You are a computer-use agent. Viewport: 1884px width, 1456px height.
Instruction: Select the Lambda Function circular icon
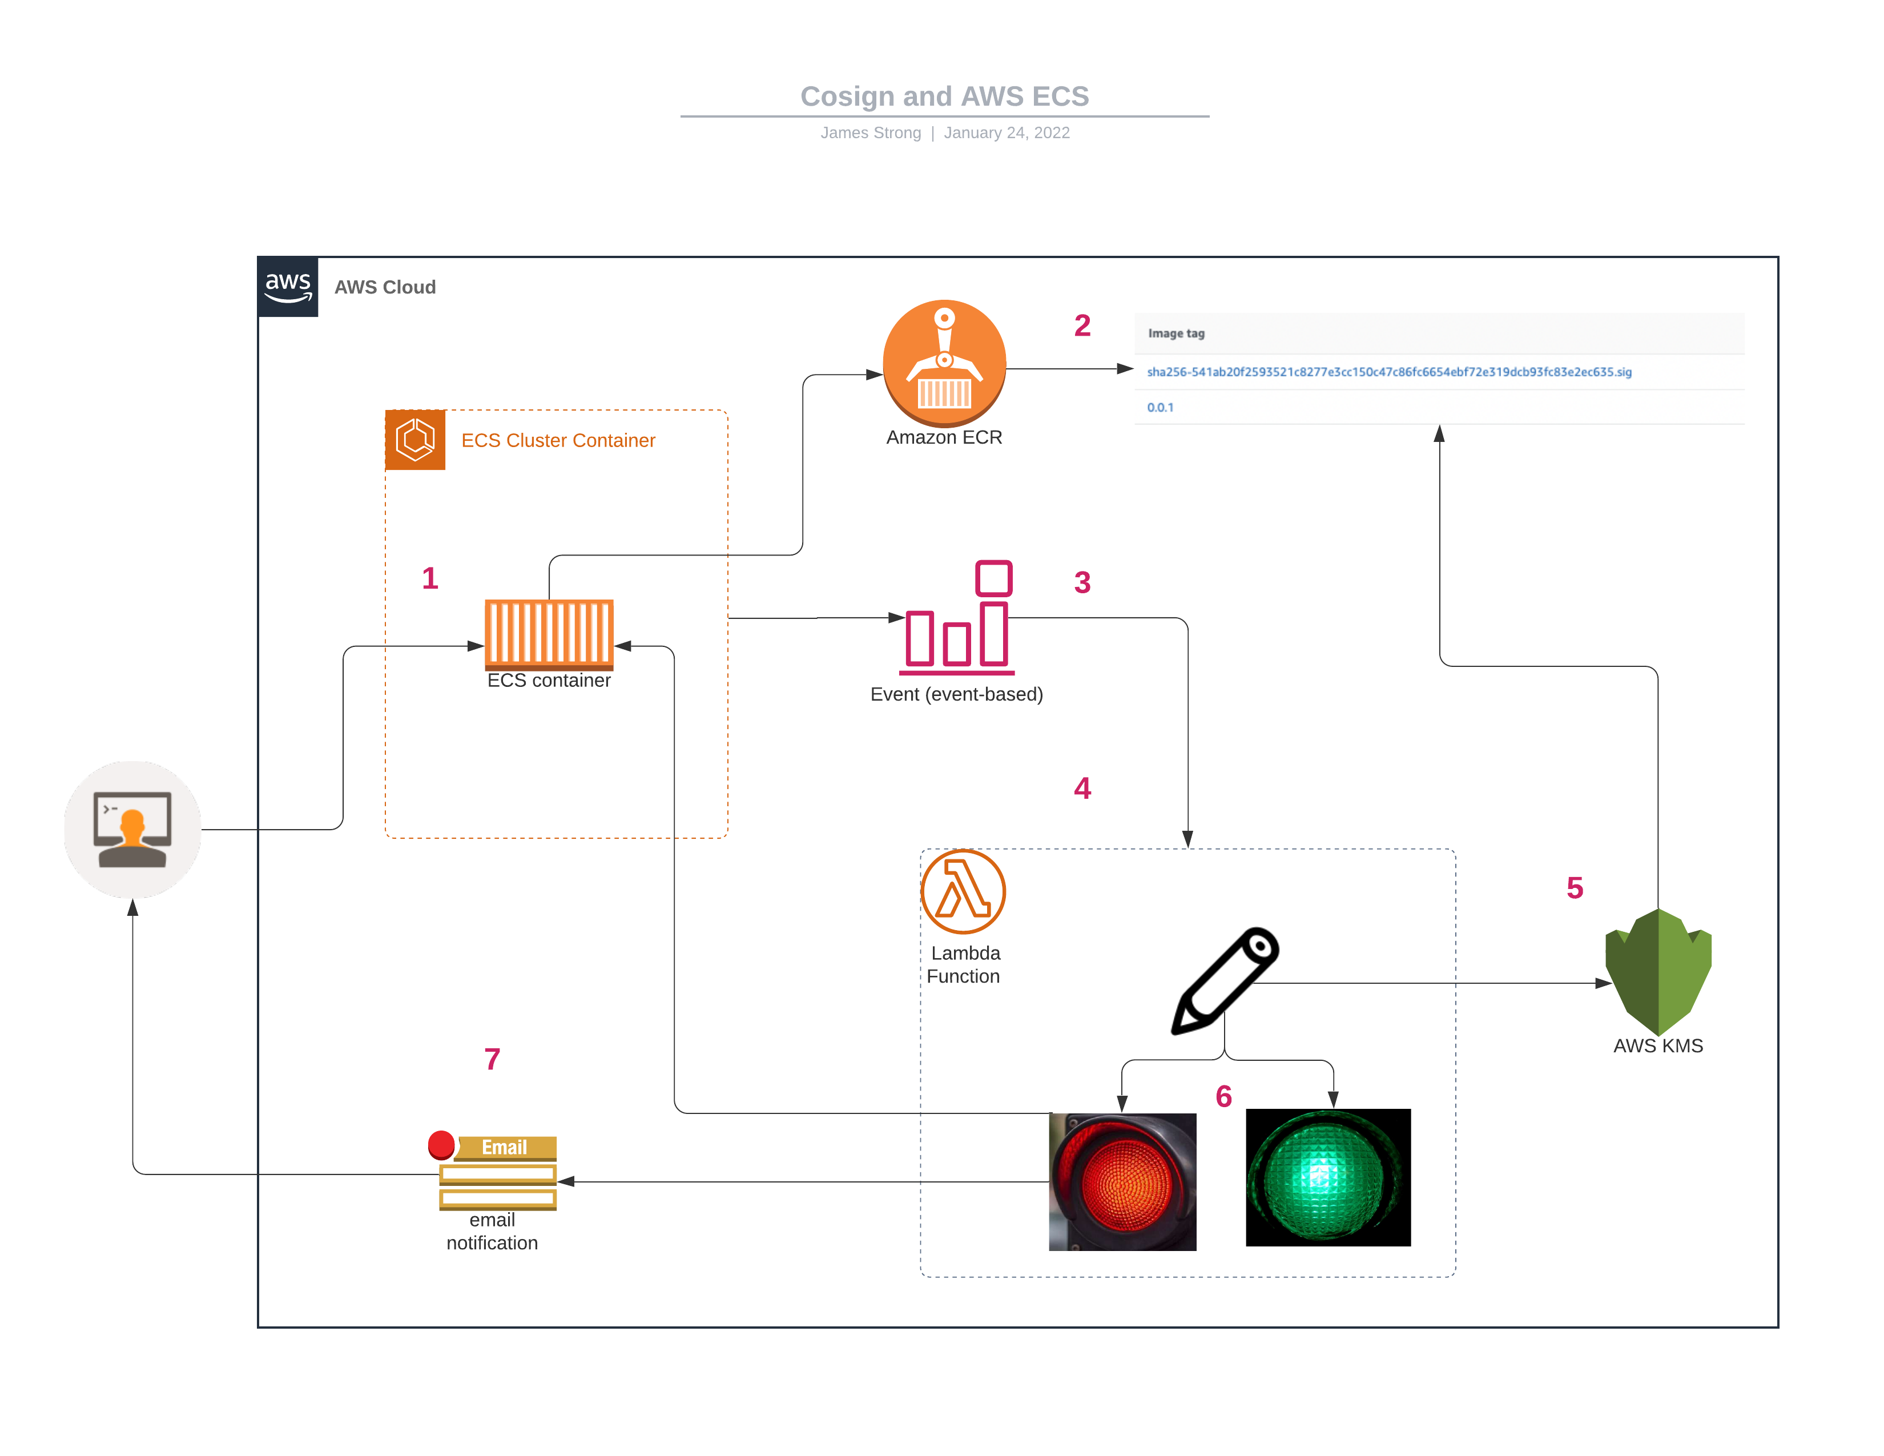pos(963,891)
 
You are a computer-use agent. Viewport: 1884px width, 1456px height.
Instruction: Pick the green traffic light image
pos(1327,1177)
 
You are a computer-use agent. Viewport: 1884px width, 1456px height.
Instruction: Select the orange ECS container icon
pos(549,634)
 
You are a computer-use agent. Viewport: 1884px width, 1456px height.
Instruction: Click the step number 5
pos(1575,887)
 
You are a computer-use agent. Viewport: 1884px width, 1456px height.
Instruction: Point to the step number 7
pos(492,1059)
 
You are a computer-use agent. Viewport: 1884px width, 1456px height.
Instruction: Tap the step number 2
pos(1082,325)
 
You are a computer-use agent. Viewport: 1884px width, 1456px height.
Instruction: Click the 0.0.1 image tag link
pos(1160,407)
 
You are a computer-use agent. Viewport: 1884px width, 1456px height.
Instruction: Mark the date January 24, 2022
pos(1006,133)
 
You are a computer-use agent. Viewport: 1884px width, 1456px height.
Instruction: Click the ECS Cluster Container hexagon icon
pos(415,440)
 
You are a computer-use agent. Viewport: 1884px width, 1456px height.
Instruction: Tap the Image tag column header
pos(1176,333)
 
